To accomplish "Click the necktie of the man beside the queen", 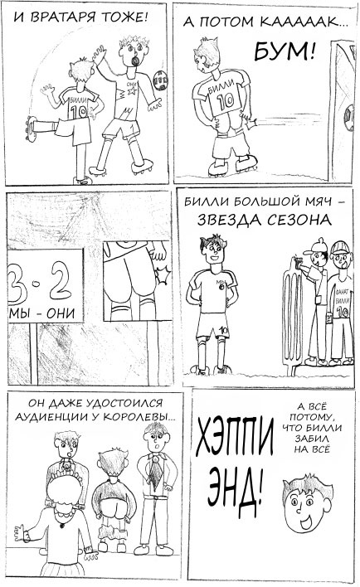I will (154, 472).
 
